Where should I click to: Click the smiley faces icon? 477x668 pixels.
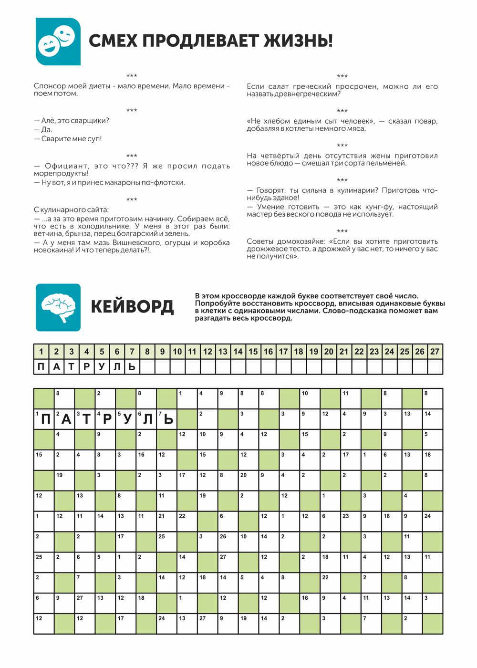click(x=58, y=42)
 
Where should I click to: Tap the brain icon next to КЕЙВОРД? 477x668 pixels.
click(x=58, y=307)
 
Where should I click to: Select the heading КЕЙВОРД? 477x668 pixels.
click(x=132, y=307)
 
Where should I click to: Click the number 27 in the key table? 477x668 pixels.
click(x=435, y=352)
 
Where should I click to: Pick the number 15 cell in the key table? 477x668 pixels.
click(x=253, y=352)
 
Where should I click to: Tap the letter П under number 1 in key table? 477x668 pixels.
click(x=41, y=366)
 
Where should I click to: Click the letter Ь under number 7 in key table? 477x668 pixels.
click(x=132, y=366)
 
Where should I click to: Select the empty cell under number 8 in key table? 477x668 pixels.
click(x=147, y=366)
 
